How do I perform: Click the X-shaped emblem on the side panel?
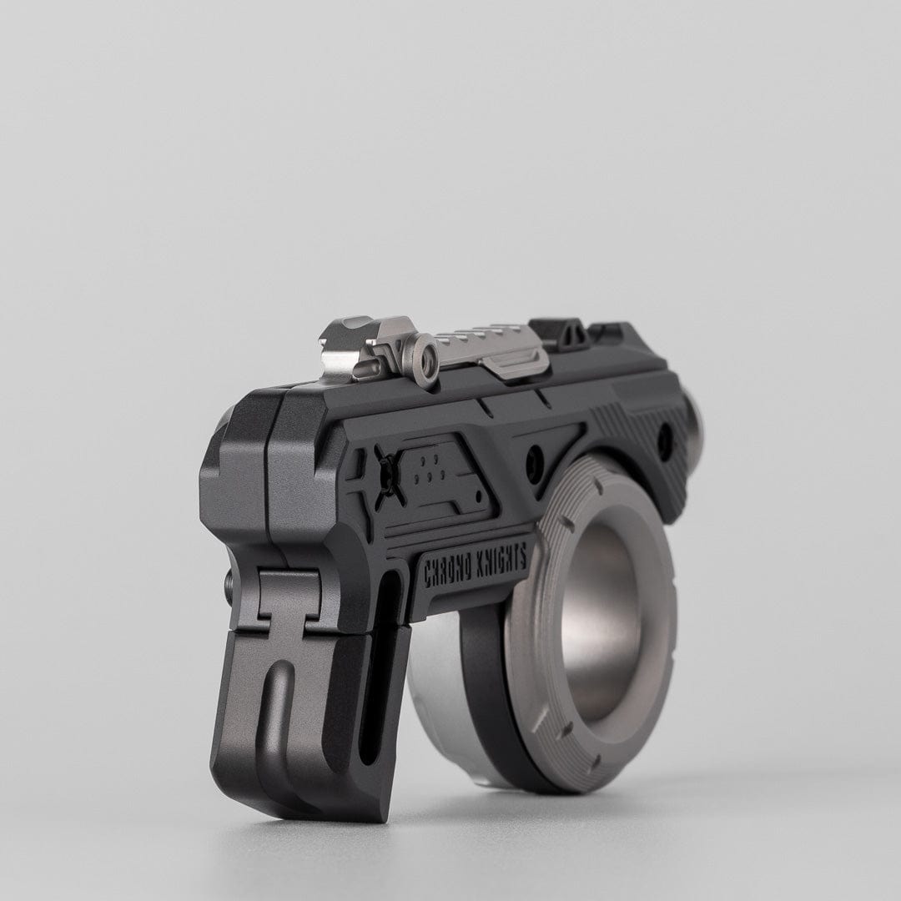389,476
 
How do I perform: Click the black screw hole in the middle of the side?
535,457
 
